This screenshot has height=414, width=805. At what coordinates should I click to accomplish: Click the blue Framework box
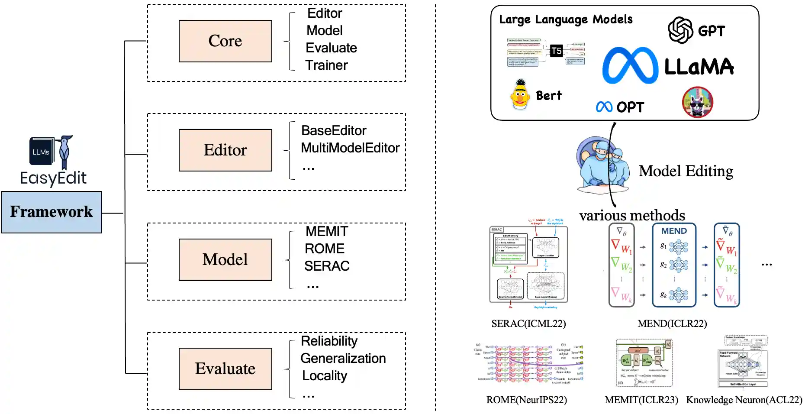(52, 212)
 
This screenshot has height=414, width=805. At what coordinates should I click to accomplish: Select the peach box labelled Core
(225, 41)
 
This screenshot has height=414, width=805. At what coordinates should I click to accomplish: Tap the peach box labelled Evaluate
(225, 369)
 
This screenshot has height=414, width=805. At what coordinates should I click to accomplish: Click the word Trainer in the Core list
(326, 65)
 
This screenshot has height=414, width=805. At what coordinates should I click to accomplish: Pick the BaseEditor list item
(334, 131)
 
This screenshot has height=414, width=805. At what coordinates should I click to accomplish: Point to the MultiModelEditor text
(350, 148)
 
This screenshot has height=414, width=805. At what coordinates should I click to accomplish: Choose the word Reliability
(329, 341)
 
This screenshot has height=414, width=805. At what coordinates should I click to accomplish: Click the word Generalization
(343, 359)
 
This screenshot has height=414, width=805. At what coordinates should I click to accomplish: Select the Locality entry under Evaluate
(324, 376)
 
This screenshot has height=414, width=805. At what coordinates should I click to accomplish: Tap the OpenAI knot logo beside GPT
(680, 30)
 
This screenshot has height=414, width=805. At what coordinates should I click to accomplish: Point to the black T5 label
(556, 51)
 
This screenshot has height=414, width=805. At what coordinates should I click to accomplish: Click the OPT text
(630, 107)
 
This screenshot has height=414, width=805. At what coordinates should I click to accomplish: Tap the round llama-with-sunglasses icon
(697, 102)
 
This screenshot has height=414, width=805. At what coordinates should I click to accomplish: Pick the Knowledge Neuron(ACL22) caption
(744, 400)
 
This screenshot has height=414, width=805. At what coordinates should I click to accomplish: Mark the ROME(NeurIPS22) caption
(526, 400)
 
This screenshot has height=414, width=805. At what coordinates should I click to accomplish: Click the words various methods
(632, 216)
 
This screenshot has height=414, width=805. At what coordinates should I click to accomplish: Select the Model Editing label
(686, 171)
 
